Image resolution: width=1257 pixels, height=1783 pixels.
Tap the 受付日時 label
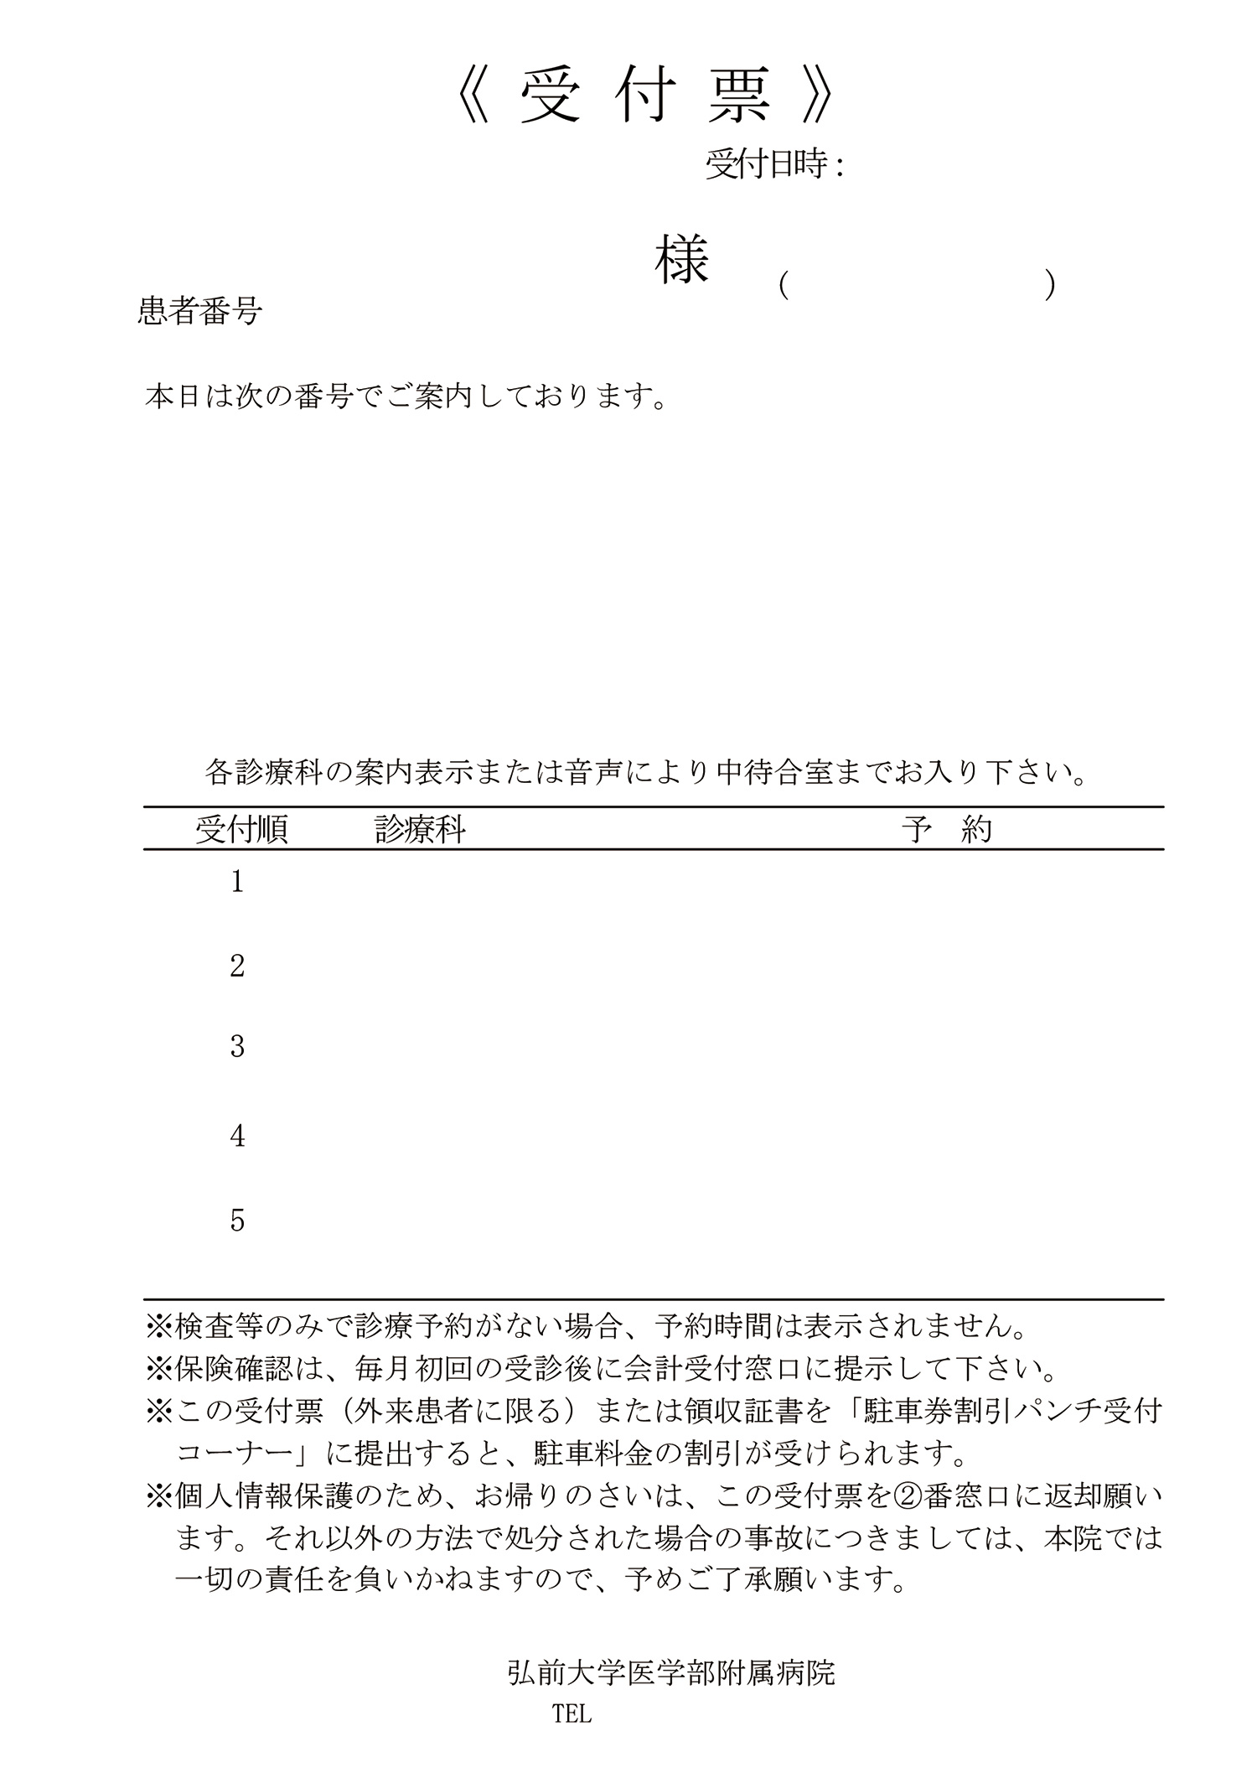(768, 165)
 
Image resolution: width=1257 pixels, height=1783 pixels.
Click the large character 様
(681, 260)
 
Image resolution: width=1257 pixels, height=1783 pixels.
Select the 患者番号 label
(199, 312)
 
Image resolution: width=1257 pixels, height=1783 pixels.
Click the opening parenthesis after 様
(782, 286)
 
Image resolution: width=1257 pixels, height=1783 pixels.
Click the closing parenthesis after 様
(1049, 286)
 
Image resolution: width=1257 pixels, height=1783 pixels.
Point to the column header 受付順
(242, 830)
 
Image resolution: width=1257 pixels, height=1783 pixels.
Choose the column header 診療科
(420, 830)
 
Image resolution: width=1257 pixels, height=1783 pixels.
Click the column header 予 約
(947, 830)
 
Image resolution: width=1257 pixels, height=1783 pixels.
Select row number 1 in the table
(237, 882)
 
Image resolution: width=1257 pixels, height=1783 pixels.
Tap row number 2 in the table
(237, 967)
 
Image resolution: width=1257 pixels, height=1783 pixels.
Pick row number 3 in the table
(237, 1046)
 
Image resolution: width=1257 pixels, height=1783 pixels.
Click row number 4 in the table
(237, 1136)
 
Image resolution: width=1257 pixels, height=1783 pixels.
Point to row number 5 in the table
(237, 1221)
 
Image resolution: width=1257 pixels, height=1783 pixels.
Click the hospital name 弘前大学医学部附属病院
(670, 1673)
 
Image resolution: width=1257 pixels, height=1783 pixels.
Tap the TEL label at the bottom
(572, 1715)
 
